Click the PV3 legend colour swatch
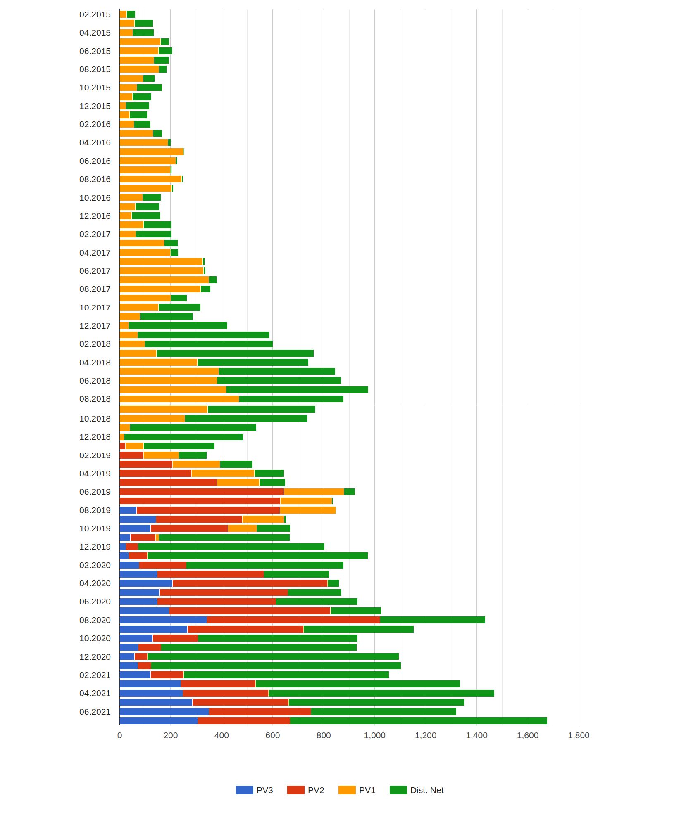(x=244, y=790)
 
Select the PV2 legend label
(x=316, y=790)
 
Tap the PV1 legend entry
(x=367, y=790)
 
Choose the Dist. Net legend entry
(x=426, y=790)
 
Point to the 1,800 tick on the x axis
(x=579, y=735)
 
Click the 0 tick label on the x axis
(x=119, y=735)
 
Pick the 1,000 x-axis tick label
(x=374, y=735)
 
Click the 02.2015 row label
(x=95, y=14)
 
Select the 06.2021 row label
(x=95, y=711)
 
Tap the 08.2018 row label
(x=95, y=399)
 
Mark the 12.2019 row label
(x=95, y=546)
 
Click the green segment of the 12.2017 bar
(x=178, y=325)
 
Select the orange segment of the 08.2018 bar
(x=179, y=399)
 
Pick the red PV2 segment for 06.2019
(x=202, y=491)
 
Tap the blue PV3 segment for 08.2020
(x=163, y=620)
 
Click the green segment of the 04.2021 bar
(x=381, y=693)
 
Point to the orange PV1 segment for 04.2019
(x=223, y=473)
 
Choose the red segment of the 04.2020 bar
(x=250, y=583)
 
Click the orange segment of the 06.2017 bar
(x=161, y=270)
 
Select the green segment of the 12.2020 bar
(x=273, y=656)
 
